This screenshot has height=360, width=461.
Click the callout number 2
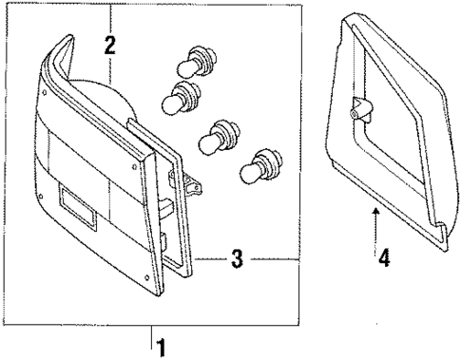110,44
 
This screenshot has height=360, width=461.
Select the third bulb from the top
218,137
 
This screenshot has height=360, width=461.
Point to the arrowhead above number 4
377,210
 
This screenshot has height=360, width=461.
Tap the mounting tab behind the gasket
196,184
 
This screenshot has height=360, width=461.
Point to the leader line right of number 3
276,257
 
